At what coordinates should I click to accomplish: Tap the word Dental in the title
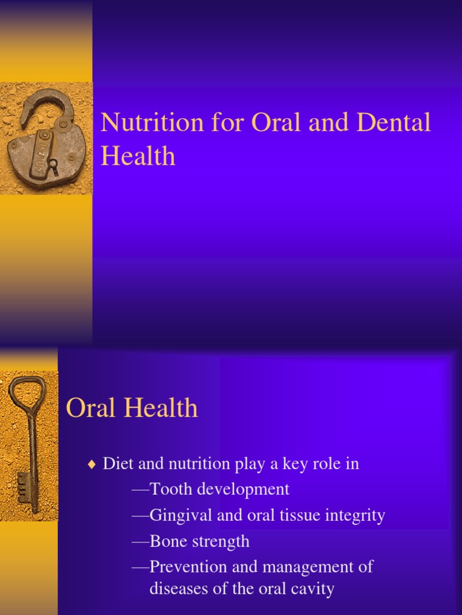click(x=395, y=123)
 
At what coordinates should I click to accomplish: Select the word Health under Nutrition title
click(x=138, y=156)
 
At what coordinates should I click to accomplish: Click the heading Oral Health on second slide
click(x=132, y=408)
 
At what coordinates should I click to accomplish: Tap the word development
click(x=250, y=489)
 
